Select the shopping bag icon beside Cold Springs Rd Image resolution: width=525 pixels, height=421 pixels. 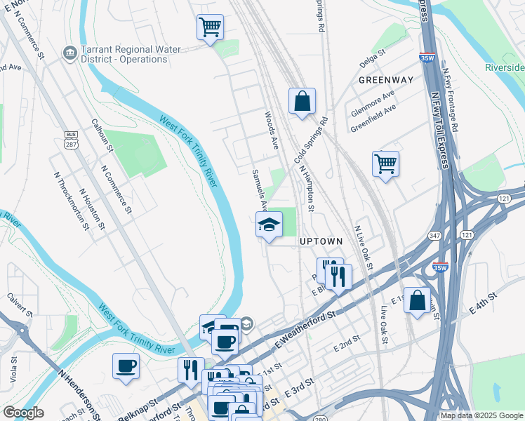coord(302,101)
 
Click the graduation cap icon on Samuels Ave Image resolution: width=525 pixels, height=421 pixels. coord(269,225)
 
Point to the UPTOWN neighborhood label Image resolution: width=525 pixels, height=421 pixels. coord(321,241)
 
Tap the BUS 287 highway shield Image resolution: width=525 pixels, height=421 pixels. coord(71,139)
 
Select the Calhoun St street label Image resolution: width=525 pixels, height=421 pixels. coord(102,135)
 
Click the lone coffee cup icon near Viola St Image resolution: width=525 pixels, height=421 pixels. coord(126,366)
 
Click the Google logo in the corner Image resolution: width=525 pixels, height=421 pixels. coord(23,413)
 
